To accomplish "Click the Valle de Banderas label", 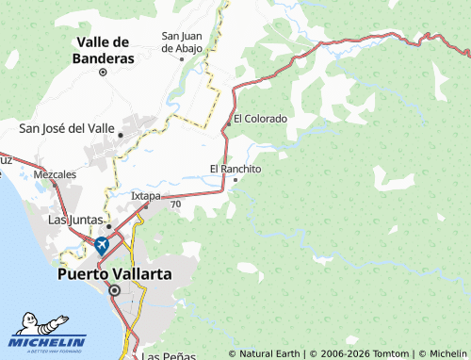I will [104, 50].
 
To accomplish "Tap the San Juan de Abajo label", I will [182, 41].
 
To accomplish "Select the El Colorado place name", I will [260, 119].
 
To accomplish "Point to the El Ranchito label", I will [235, 169].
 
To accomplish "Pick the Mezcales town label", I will [54, 175].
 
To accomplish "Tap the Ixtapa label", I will [145, 195].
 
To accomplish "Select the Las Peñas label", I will [169, 356].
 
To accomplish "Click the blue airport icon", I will [101, 245].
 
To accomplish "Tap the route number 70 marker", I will [176, 203].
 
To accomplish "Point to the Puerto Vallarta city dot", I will [114, 291].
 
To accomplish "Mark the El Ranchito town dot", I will [235, 179].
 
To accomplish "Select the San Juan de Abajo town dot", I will [182, 57].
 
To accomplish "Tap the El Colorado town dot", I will [228, 123].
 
